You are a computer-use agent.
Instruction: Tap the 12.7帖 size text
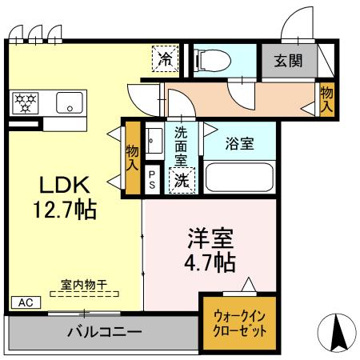pyautogui.click(x=65, y=210)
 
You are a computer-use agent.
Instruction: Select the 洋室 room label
pyautogui.click(x=210, y=238)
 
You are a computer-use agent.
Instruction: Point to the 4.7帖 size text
pyautogui.click(x=210, y=262)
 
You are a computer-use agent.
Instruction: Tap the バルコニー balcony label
pyautogui.click(x=104, y=331)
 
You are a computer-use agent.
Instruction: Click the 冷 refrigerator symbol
pyautogui.click(x=166, y=58)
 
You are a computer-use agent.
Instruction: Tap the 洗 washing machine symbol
pyautogui.click(x=182, y=181)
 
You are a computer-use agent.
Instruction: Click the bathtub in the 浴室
pyautogui.click(x=239, y=177)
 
